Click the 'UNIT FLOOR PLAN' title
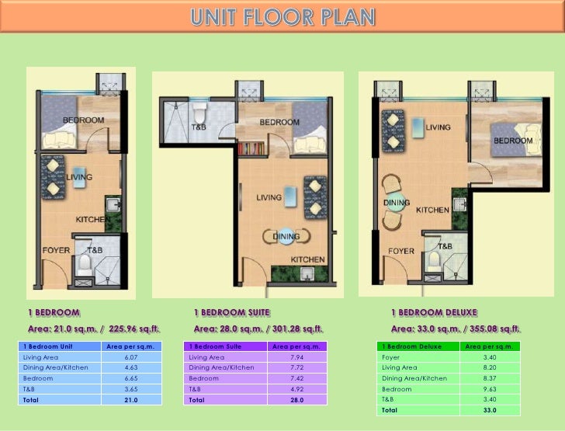pyautogui.click(x=282, y=16)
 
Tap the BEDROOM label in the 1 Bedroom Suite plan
pyautogui.click(x=279, y=122)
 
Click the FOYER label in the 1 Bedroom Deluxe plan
pyautogui.click(x=401, y=251)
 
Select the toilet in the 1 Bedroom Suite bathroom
pyautogui.click(x=199, y=113)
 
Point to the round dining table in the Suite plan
pyautogui.click(x=286, y=236)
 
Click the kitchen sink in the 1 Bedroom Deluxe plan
pyautogui.click(x=459, y=204)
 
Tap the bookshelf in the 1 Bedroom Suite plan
pyautogui.click(x=251, y=149)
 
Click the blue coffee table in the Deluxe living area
pyautogui.click(x=418, y=127)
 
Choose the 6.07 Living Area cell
pyautogui.click(x=131, y=357)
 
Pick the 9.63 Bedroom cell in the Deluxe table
pyautogui.click(x=490, y=389)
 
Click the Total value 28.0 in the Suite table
pyautogui.click(x=297, y=400)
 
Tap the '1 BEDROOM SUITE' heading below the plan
pyautogui.click(x=232, y=312)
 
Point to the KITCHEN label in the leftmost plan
pyautogui.click(x=93, y=219)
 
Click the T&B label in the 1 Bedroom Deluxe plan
pyautogui.click(x=445, y=246)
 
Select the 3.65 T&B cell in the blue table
pyautogui.click(x=131, y=389)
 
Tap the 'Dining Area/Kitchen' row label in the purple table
pyautogui.click(x=221, y=367)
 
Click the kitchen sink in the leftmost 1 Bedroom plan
pyautogui.click(x=113, y=205)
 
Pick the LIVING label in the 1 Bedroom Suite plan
pyautogui.click(x=269, y=198)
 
